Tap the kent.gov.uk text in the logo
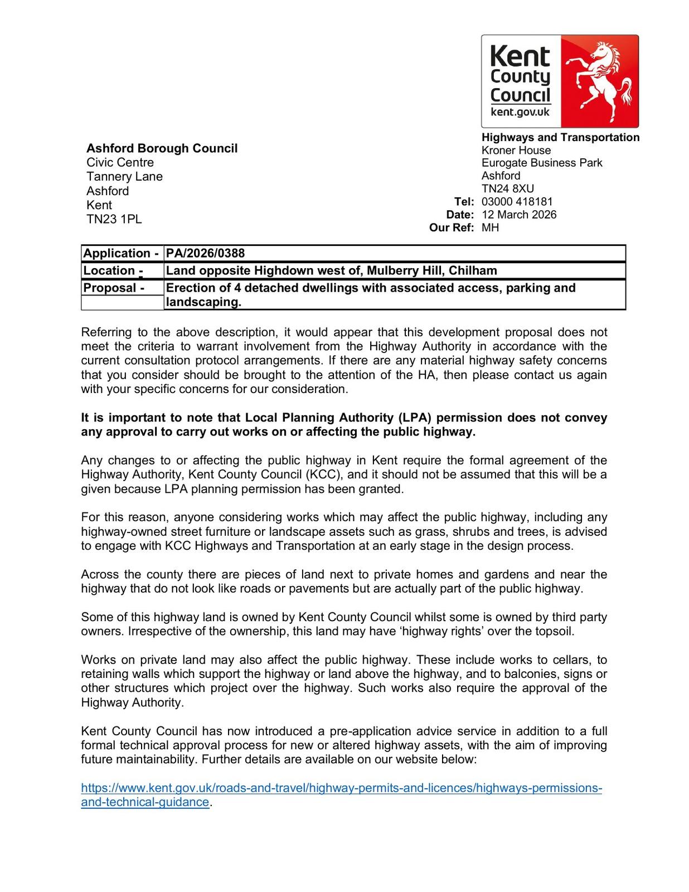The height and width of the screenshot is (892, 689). click(x=520, y=112)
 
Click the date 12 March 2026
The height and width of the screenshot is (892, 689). click(x=519, y=215)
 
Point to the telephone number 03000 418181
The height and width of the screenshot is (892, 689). click(x=517, y=202)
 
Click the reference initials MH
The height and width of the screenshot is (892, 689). click(x=490, y=227)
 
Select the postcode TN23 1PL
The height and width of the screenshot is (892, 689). click(x=114, y=219)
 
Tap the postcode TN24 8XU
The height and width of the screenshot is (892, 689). click(x=507, y=188)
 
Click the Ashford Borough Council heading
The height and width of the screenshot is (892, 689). click(x=162, y=148)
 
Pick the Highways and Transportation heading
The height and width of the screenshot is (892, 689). click(x=560, y=137)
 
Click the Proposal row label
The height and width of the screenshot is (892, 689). click(x=114, y=288)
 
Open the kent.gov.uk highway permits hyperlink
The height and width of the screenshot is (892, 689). click(x=341, y=788)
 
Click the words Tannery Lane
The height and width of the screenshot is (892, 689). click(x=124, y=177)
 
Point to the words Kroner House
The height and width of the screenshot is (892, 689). click(x=516, y=151)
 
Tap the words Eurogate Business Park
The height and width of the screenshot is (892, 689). click(x=542, y=163)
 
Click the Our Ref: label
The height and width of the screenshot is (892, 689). click(x=452, y=227)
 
